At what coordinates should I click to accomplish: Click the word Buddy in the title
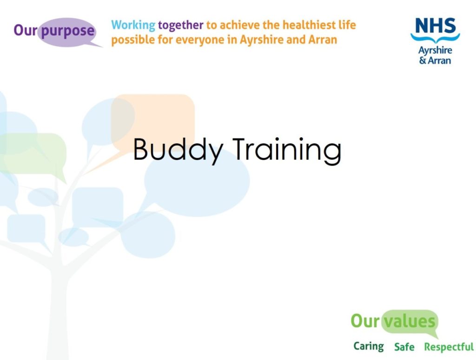(x=178, y=150)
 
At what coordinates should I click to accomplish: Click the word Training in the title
(x=287, y=150)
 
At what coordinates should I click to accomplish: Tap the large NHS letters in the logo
(x=435, y=26)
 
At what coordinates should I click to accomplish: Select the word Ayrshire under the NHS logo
(x=435, y=50)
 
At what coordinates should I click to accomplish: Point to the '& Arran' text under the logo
(x=435, y=60)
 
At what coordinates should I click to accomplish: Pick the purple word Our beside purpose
(x=26, y=30)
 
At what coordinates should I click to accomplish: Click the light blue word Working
(x=133, y=25)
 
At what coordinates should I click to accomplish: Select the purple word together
(x=181, y=25)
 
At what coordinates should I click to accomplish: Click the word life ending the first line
(x=347, y=25)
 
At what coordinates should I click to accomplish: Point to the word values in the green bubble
(x=410, y=321)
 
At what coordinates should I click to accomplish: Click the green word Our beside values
(x=365, y=321)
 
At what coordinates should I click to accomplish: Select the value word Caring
(x=369, y=347)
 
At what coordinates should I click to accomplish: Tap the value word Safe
(x=404, y=347)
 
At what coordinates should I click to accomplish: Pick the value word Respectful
(x=449, y=347)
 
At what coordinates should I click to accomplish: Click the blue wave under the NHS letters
(x=435, y=38)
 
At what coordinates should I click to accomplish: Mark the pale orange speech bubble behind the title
(x=152, y=121)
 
